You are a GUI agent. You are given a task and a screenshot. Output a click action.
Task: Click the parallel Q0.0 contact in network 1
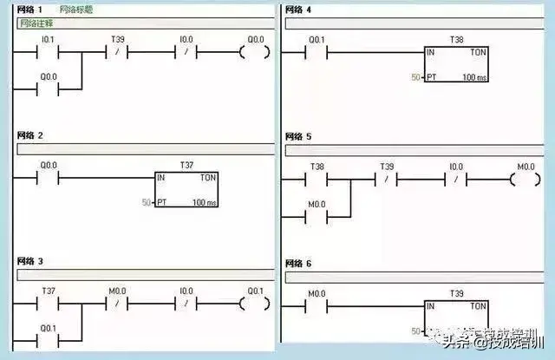pos(48,89)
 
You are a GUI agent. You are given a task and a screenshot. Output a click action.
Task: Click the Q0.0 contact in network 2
pos(48,179)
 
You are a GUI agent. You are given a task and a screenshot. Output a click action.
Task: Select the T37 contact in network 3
pos(48,304)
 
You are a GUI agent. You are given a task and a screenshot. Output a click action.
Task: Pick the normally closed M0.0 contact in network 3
pos(117,304)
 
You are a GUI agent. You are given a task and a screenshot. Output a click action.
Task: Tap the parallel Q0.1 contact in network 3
pos(48,340)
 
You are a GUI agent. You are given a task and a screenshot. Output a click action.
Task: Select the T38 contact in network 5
pos(317,180)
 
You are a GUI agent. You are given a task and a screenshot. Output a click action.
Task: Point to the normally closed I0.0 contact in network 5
pos(455,180)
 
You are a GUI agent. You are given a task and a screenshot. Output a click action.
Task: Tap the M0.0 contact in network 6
pos(317,307)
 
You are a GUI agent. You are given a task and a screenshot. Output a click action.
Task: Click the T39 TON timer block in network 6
pos(455,317)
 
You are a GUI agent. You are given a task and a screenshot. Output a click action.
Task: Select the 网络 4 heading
pos(298,9)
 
